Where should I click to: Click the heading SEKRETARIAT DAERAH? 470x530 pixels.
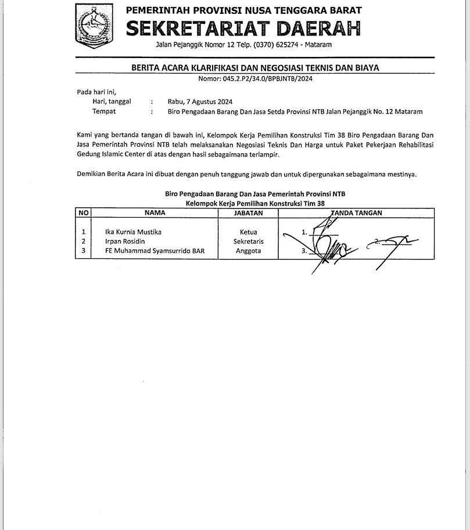click(x=243, y=28)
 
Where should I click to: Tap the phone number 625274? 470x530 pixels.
click(x=290, y=45)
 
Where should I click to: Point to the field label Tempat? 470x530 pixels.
click(x=104, y=111)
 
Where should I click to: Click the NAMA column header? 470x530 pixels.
click(x=155, y=213)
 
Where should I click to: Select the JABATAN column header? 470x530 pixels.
click(x=248, y=213)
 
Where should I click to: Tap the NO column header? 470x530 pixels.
click(x=83, y=213)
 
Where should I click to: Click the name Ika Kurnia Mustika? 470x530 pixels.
click(x=133, y=232)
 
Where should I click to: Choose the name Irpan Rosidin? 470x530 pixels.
click(x=125, y=241)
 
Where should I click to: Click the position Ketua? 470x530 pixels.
click(x=248, y=232)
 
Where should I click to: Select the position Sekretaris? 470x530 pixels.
click(x=248, y=241)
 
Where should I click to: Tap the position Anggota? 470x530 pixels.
click(x=248, y=251)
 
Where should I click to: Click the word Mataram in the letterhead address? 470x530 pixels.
click(x=321, y=45)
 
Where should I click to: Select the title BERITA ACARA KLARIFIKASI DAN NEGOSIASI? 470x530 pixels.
click(x=255, y=68)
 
